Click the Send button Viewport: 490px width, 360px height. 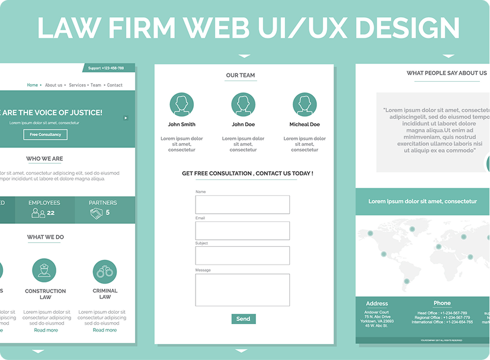coord(243,319)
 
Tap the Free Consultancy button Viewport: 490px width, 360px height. coord(46,134)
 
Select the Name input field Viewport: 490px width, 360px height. coord(242,204)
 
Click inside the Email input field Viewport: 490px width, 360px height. coord(242,230)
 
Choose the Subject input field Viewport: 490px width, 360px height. coord(242,255)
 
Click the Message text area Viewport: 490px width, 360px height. coord(242,290)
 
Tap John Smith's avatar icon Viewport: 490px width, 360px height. coord(181,104)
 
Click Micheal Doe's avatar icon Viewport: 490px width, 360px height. coord(305,104)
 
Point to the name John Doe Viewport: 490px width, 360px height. coord(243,124)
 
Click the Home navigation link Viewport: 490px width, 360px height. coord(33,85)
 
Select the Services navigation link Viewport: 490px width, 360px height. coord(78,85)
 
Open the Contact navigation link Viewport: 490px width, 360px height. coord(115,85)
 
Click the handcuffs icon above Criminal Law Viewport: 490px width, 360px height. coord(105,272)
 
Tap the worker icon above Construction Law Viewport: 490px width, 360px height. coord(44,270)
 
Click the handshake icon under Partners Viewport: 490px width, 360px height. coord(97,213)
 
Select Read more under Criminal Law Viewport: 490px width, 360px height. coord(105,330)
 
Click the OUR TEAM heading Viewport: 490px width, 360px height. coord(241,75)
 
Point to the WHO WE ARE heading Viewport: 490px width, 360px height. coord(44,159)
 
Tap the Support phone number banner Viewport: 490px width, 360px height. coord(106,68)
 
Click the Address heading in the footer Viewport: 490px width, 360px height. coord(377,304)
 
